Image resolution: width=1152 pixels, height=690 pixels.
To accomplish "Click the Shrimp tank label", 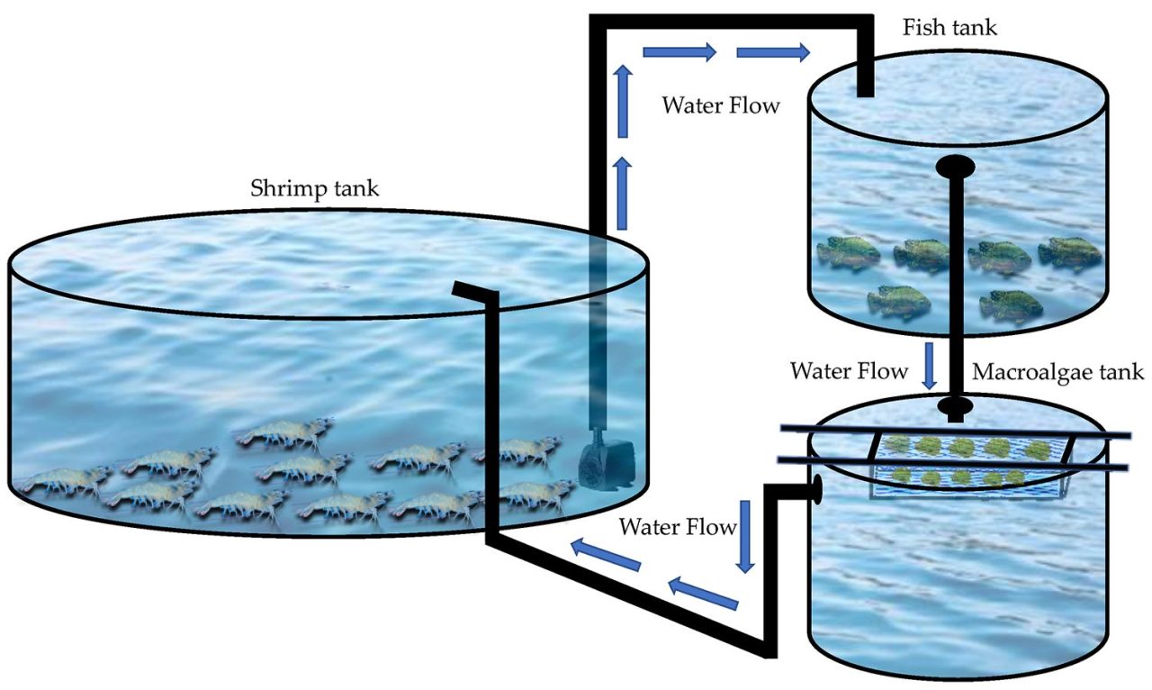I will point(315,190).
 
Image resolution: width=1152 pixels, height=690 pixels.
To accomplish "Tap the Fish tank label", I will point(949,27).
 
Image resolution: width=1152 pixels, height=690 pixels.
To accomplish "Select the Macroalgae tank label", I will point(1057,372).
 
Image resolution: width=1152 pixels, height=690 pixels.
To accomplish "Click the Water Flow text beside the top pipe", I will point(721,104).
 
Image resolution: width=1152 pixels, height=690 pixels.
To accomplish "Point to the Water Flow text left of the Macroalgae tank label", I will point(848,371).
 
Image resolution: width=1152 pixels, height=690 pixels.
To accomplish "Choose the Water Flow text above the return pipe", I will point(677,526).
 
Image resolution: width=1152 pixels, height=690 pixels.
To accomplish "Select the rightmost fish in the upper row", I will point(1070,252).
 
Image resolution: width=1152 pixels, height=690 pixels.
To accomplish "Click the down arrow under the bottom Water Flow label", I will point(744,546).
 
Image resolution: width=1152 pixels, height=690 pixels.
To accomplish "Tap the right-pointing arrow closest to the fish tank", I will point(772,53).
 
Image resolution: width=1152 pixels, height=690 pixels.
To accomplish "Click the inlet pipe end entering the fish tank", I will point(864,86).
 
